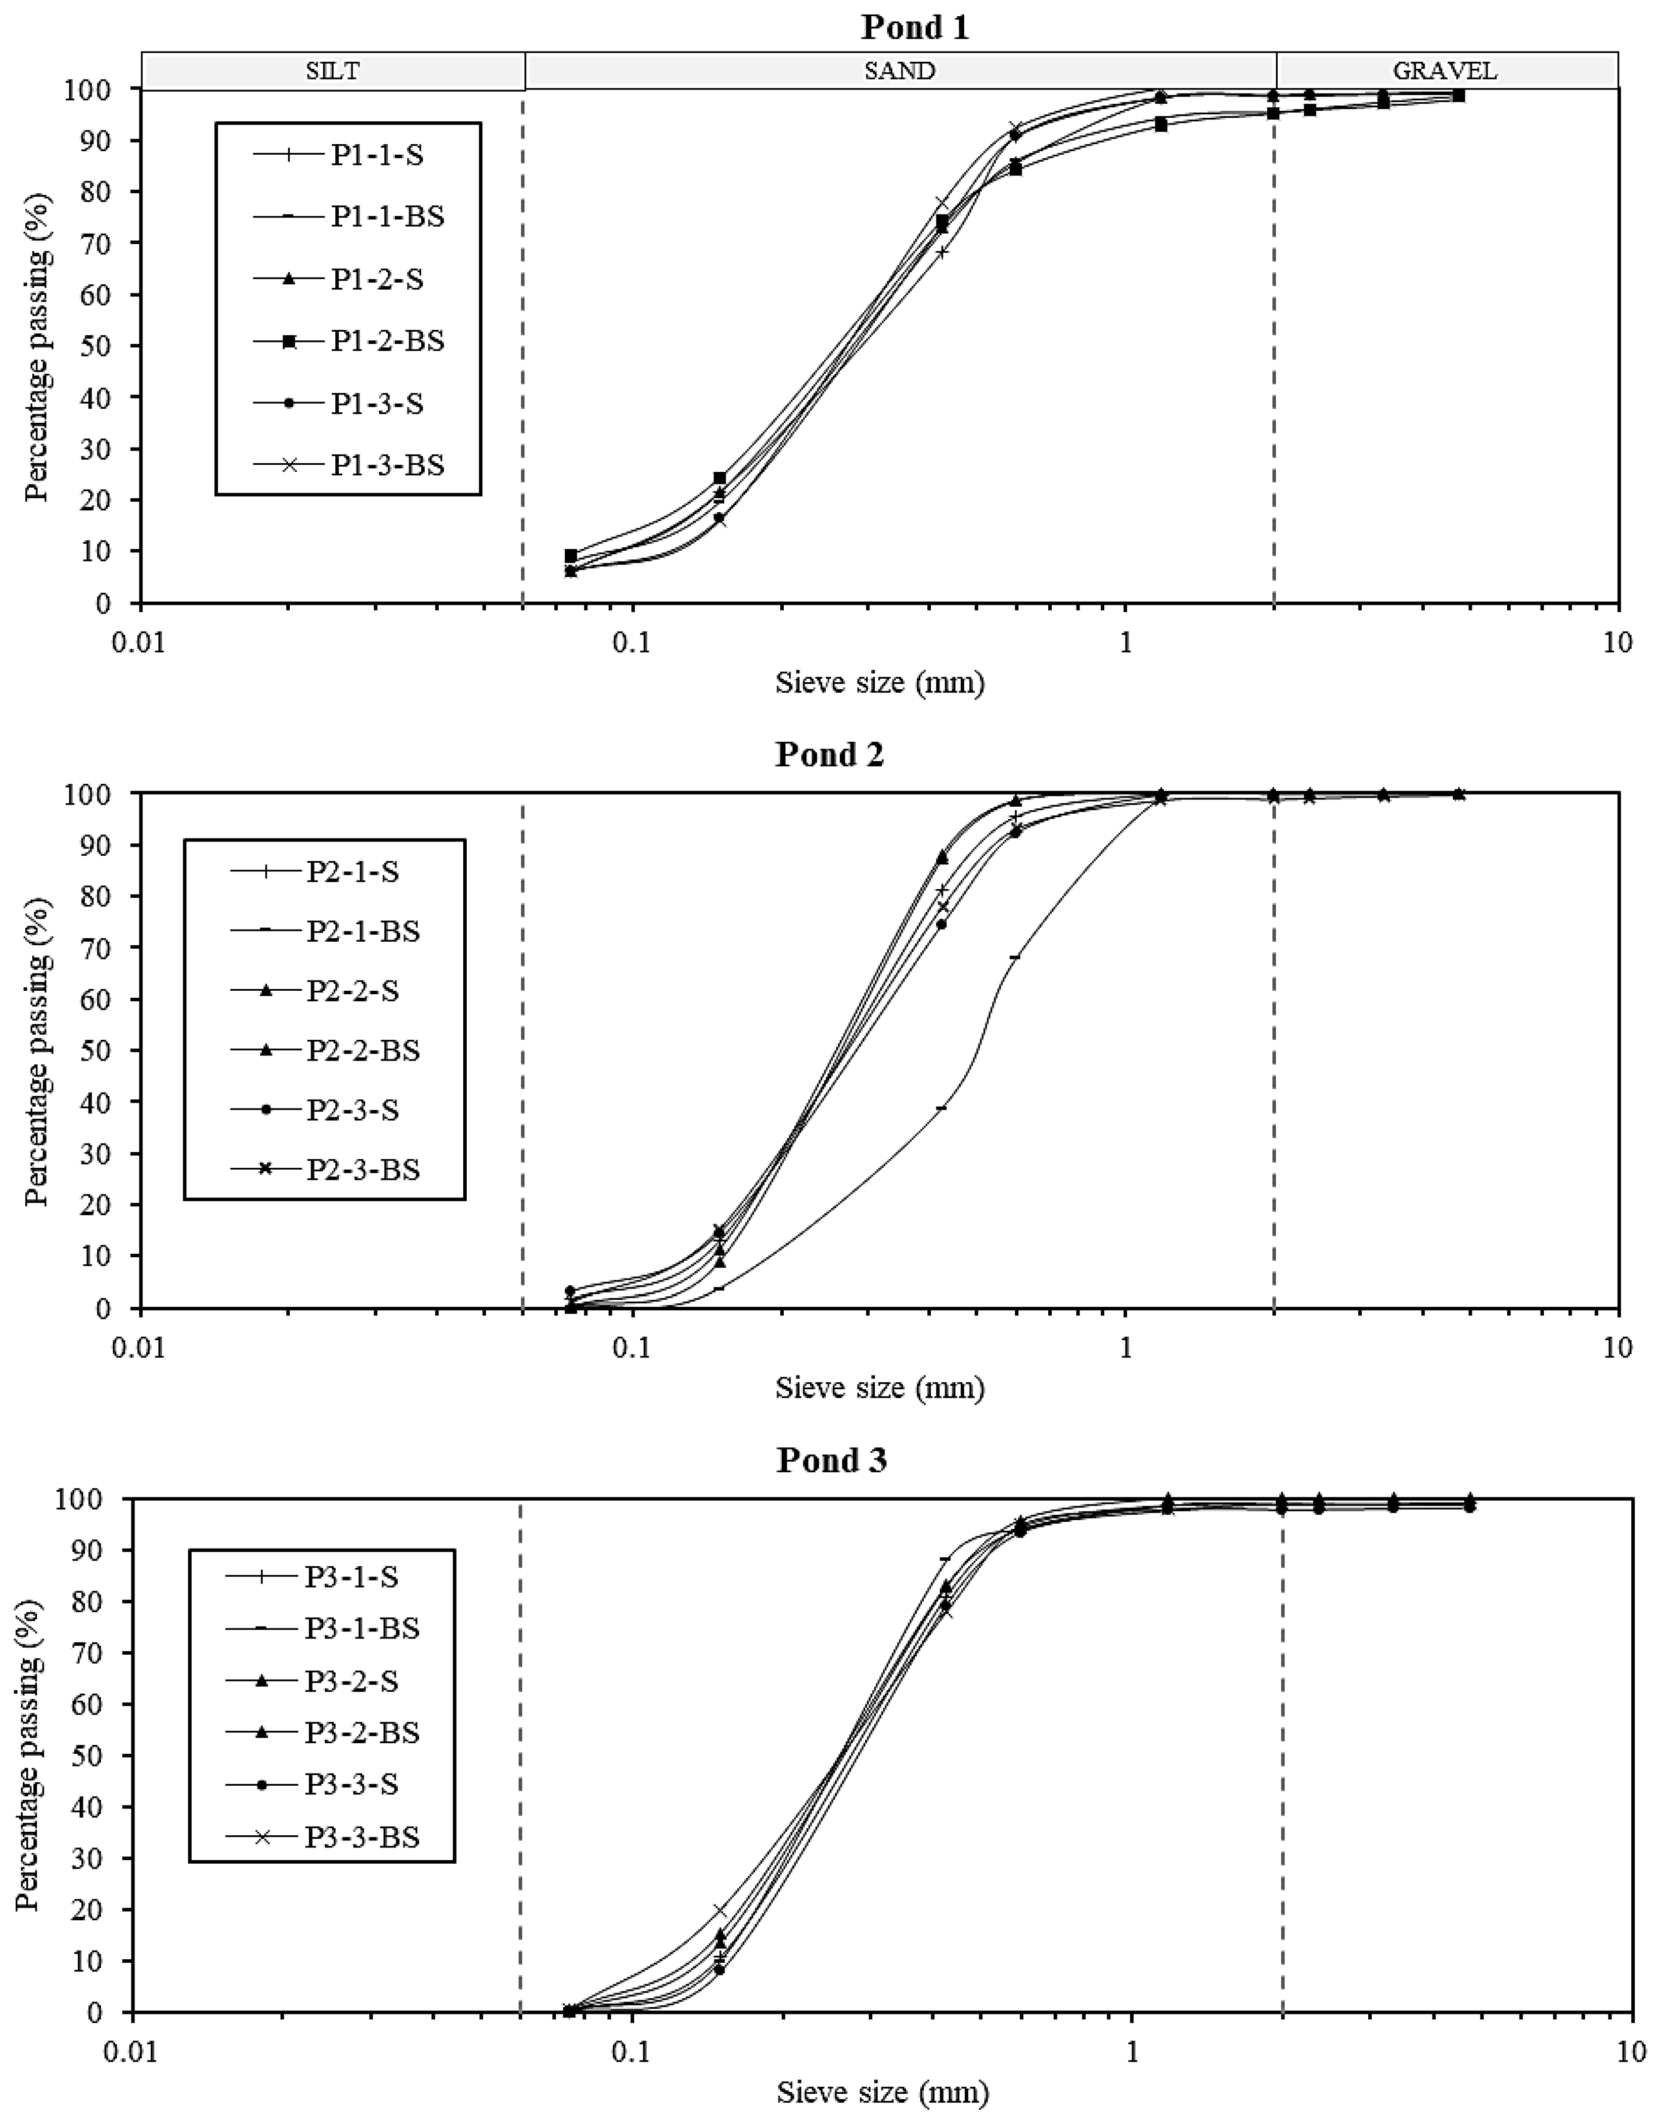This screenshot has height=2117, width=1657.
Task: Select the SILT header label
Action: (333, 71)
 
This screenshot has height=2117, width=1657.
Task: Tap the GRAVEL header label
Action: (1445, 71)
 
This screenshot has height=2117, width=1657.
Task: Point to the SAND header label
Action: (900, 71)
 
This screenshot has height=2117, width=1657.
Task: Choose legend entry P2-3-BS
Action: (363, 1169)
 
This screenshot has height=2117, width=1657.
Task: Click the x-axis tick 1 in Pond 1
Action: (1126, 642)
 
